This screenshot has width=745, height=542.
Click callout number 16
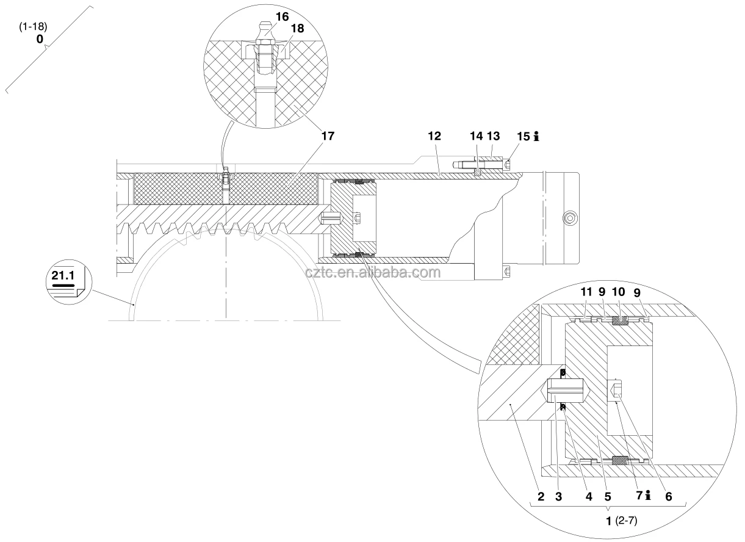(x=282, y=16)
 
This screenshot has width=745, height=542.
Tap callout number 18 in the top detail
(x=297, y=29)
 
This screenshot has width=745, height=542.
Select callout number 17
(x=328, y=136)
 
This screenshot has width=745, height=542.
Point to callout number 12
(x=434, y=136)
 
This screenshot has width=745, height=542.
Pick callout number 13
(x=494, y=136)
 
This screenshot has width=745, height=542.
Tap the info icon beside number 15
(x=536, y=136)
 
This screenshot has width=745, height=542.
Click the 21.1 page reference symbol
(x=69, y=282)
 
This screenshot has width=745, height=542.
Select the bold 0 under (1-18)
(x=40, y=39)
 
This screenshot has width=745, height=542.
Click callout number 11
(x=586, y=292)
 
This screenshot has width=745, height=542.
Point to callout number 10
(x=618, y=292)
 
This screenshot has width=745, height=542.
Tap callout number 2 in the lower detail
(x=541, y=497)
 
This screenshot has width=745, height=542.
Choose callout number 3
(x=559, y=497)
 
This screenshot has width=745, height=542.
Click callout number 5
(x=608, y=497)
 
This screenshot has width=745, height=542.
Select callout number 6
(x=669, y=497)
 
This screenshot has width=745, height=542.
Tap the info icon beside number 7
(x=647, y=496)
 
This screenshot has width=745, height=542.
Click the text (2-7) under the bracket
(x=626, y=521)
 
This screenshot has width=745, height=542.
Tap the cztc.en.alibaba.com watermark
(x=373, y=272)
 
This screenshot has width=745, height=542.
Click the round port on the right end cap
(x=570, y=219)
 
